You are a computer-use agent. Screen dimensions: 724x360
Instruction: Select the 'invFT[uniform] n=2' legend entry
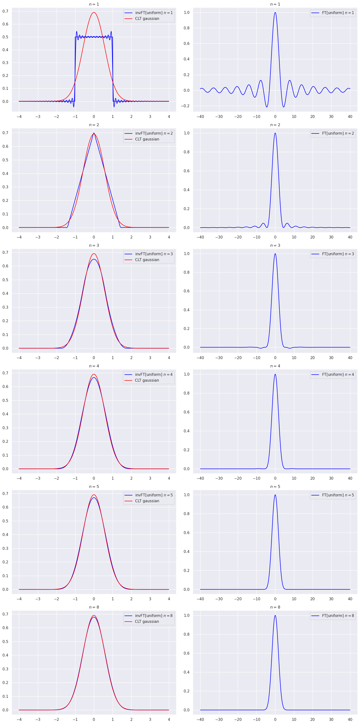pos(154,133)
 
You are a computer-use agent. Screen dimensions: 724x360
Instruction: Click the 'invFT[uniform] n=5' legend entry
pos(154,495)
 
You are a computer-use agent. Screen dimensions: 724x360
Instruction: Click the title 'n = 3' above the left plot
pos(94,245)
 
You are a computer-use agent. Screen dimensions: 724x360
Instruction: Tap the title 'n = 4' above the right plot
pos(275,366)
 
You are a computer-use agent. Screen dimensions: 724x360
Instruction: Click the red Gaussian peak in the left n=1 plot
pos(94,13)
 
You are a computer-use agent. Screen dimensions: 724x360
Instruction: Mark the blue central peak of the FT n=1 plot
pos(275,13)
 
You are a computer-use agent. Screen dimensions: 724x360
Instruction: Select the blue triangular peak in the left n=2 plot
pos(94,133)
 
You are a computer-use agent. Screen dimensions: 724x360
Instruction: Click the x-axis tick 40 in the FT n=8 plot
pos(350,719)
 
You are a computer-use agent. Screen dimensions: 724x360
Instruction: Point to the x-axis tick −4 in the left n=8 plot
pos(19,719)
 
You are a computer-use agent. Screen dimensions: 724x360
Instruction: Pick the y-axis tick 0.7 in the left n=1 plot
pos(6,11)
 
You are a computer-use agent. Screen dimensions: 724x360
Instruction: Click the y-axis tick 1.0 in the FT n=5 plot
pos(186,495)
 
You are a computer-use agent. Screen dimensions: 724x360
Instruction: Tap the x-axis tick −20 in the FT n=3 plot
pos(238,358)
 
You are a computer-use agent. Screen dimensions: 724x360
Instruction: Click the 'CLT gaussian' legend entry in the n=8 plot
pos(147,622)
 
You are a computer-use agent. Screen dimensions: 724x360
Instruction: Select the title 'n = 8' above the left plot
pos(94,607)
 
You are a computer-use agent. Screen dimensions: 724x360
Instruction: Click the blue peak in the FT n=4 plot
pos(275,374)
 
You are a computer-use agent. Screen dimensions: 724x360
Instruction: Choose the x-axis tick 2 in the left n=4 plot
pos(131,478)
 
